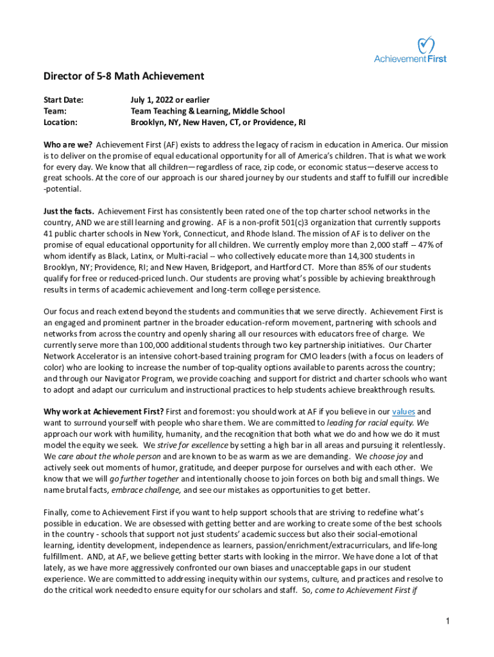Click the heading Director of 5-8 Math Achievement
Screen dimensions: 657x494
pos(124,76)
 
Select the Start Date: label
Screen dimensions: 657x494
pos(64,99)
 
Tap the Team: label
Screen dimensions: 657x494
pos(55,110)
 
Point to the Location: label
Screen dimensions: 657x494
pos(60,122)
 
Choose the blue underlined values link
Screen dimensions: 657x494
pos(404,411)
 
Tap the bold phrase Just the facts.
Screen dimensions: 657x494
pos(69,211)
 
